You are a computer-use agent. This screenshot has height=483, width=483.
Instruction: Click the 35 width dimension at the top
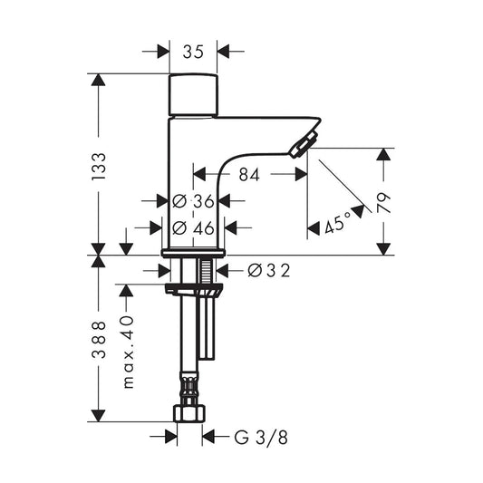point(193,52)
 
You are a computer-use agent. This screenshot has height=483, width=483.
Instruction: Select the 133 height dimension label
point(99,167)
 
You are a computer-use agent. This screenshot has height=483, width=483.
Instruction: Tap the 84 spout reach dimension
point(249,174)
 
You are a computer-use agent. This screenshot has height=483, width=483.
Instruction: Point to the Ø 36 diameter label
point(193,201)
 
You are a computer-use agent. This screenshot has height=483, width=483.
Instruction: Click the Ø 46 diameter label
point(193,228)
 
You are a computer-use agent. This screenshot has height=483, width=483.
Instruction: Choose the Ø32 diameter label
point(269,271)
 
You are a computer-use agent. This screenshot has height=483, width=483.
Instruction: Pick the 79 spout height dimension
point(384,203)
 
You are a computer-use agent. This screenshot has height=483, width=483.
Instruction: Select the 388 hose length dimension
point(99,340)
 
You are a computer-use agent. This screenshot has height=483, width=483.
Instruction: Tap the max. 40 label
point(128,352)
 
